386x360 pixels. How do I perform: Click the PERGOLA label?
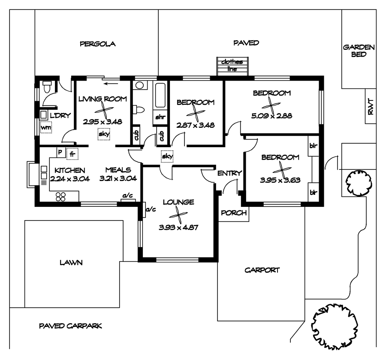coord(98,43)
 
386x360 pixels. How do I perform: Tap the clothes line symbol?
coord(232,67)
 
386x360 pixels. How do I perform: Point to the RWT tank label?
coord(371,107)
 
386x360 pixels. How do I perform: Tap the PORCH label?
coord(233,212)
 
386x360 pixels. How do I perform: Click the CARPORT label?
coord(262,270)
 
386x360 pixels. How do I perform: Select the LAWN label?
coord(71,263)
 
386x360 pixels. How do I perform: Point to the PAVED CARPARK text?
coord(70,326)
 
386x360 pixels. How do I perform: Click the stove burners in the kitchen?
coord(60,197)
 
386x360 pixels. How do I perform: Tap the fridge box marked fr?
coord(72,153)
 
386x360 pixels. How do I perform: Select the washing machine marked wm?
coord(45,127)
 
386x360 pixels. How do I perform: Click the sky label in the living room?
coord(104,134)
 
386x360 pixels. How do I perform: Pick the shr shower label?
coord(160,117)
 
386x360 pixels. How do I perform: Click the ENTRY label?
coord(230,173)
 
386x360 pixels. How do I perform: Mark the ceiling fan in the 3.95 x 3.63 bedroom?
coord(279,169)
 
